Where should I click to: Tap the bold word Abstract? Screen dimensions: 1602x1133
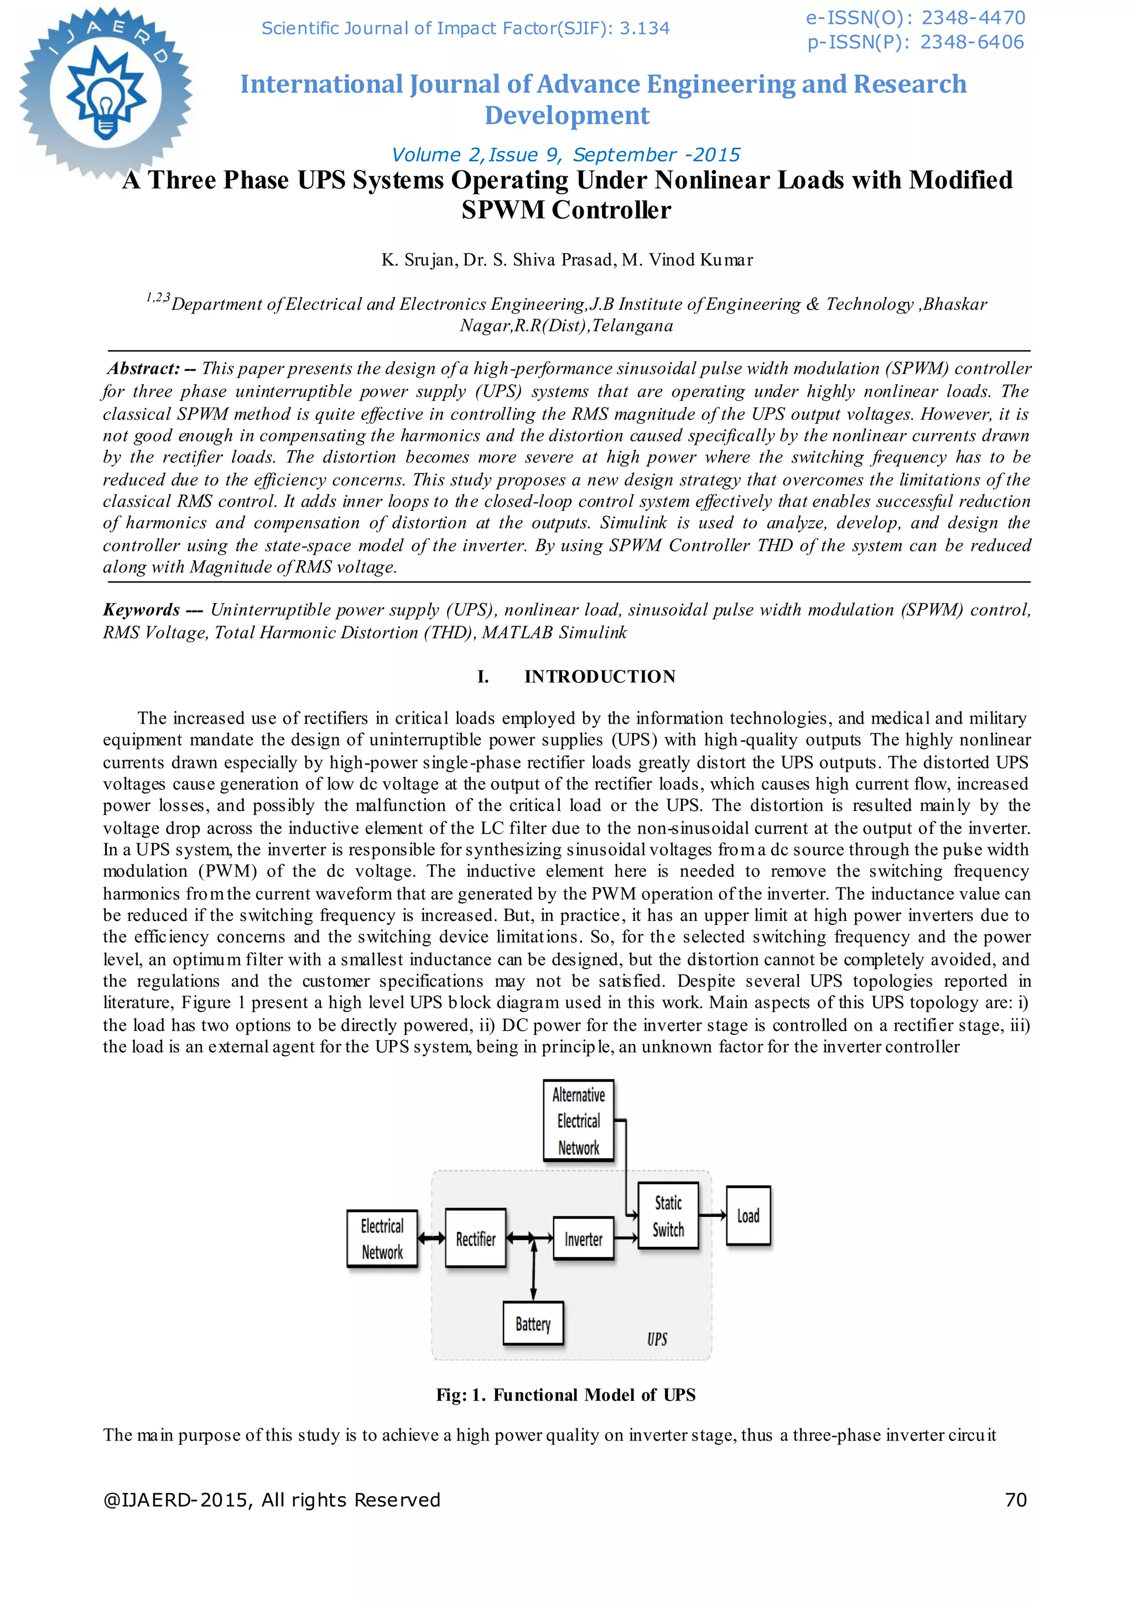tap(144, 368)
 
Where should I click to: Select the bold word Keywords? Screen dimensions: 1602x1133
tap(142, 610)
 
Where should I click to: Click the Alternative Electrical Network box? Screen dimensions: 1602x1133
tap(578, 1121)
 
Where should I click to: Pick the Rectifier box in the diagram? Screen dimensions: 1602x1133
tap(476, 1239)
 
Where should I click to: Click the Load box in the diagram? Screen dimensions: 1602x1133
tap(748, 1215)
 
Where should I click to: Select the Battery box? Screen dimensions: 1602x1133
tap(533, 1324)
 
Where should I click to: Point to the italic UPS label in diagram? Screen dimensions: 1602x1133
tap(657, 1339)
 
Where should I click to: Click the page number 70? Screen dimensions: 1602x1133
tap(1016, 1500)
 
